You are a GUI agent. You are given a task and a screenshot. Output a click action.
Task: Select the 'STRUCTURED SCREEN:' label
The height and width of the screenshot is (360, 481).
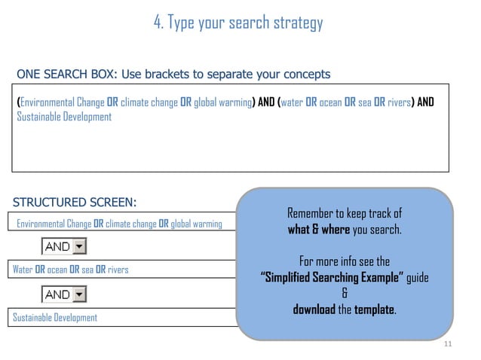pos(75,202)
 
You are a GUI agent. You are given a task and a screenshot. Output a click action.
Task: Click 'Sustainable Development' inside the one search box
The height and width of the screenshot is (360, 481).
pos(64,117)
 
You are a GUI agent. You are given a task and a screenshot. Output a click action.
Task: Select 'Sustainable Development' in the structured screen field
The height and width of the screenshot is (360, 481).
pos(55,317)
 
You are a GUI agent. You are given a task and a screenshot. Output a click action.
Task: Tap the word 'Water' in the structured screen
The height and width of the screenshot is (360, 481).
pos(23,269)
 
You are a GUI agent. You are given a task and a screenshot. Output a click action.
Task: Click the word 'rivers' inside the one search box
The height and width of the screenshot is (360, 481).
pos(397,102)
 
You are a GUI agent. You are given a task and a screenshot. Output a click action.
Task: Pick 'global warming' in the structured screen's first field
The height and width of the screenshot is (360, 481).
pos(196,223)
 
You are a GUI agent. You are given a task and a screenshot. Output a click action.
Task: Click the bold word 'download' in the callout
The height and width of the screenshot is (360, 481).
pos(314,310)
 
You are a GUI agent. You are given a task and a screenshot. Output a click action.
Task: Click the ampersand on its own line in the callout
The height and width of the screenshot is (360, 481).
pos(345,294)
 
